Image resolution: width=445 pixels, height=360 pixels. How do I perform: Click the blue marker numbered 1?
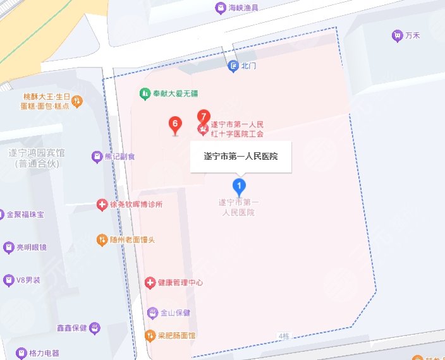tap(239, 186)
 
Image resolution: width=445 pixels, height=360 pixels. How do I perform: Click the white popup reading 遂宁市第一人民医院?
tap(241, 156)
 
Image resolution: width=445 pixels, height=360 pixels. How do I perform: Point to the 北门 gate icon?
tap(233, 66)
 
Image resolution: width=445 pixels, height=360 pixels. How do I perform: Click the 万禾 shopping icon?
tap(397, 35)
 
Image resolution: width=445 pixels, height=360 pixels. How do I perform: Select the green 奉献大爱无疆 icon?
tap(145, 93)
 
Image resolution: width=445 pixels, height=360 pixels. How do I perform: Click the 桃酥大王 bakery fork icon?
tap(76, 100)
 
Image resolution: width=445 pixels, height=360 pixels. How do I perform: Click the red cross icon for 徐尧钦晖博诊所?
tap(101, 205)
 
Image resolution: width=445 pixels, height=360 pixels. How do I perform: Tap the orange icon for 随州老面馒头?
tap(101, 239)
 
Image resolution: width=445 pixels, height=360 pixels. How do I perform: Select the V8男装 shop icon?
tap(9, 280)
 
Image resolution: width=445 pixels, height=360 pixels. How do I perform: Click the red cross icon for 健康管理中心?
tap(150, 282)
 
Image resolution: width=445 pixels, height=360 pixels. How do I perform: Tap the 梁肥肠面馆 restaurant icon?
tap(150, 335)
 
